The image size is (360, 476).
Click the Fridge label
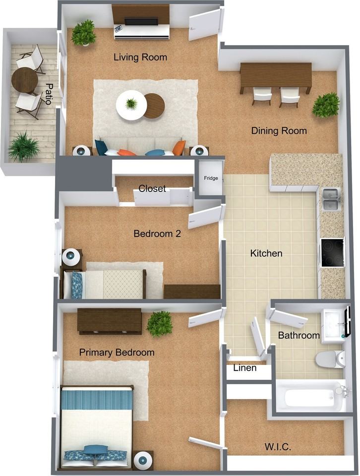click(209, 178)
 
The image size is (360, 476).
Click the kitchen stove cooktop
click(332, 252)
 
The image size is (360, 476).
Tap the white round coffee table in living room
click(131, 105)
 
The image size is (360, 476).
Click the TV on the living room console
click(141, 22)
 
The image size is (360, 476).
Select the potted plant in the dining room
click(326, 105)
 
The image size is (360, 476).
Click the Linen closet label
click(245, 368)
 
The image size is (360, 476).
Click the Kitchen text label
click(266, 253)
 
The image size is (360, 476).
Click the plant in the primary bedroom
click(159, 323)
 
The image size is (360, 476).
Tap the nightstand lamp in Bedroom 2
click(70, 257)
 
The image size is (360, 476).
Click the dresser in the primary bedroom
click(109, 321)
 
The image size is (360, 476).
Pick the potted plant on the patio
click(23, 147)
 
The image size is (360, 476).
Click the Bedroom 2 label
click(157, 234)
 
